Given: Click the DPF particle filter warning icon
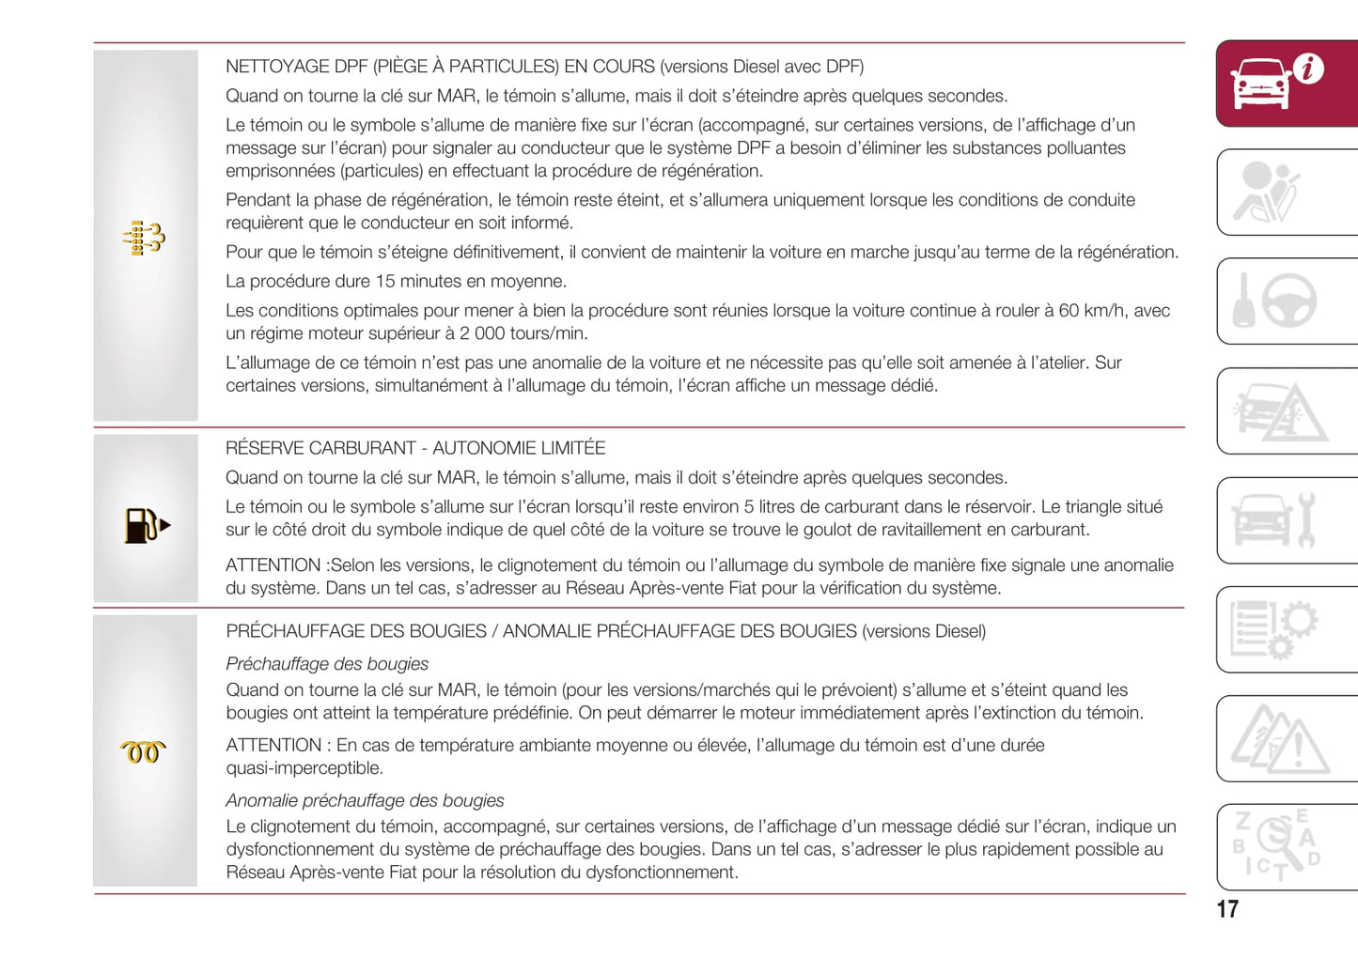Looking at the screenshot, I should [x=144, y=239].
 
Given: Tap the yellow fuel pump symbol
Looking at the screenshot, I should [x=146, y=525].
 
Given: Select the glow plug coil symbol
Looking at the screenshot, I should [x=143, y=751].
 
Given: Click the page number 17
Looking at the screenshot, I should [x=1227, y=909].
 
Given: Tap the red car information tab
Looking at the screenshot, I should [x=1286, y=84].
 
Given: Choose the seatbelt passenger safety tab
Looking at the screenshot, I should [x=1286, y=192].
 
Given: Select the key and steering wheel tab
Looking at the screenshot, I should [x=1286, y=301].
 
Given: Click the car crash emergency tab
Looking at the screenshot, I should [x=1286, y=411].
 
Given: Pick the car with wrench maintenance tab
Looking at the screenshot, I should [x=1286, y=519].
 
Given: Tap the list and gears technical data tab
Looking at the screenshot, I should [x=1286, y=629].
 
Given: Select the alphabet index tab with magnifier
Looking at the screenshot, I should [x=1286, y=846].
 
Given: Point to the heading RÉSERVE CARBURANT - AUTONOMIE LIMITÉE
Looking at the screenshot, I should [x=415, y=448].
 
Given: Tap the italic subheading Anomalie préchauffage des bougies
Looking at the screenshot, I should [x=365, y=800].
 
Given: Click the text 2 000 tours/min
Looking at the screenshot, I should [x=523, y=333].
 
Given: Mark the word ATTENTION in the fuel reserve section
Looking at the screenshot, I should [x=273, y=565].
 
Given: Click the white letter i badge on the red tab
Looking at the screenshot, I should [x=1308, y=68].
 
